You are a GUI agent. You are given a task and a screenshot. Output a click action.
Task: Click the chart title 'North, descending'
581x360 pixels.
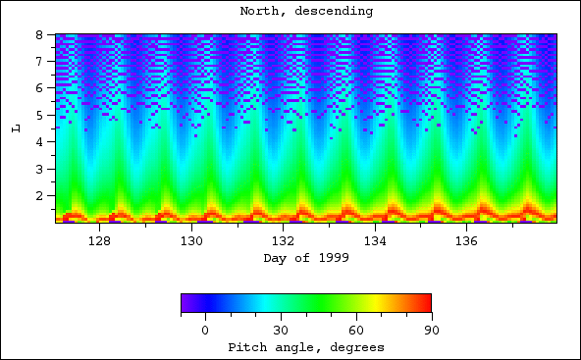(x=305, y=11)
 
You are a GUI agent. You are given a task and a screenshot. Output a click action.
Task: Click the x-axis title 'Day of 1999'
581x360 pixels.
(x=305, y=258)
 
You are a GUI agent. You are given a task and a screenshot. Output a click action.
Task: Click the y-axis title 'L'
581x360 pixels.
(x=15, y=129)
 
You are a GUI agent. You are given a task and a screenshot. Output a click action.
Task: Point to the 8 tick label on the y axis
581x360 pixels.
(x=43, y=34)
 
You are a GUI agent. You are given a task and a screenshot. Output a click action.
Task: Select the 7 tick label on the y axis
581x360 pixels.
(x=43, y=61)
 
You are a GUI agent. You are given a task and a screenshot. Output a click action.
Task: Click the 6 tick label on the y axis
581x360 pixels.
(x=43, y=88)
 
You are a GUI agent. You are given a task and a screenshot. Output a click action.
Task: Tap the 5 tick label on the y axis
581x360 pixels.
(x=43, y=115)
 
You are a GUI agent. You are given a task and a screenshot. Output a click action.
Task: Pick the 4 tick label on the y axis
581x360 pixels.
(x=43, y=142)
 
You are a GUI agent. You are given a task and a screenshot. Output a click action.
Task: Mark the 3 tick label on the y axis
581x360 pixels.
(x=43, y=169)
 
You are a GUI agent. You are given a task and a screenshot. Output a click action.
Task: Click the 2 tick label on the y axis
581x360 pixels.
(x=43, y=196)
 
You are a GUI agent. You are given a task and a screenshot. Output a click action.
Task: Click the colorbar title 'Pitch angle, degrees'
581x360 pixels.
(x=305, y=347)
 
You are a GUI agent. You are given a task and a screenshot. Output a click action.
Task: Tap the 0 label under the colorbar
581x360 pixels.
(x=205, y=331)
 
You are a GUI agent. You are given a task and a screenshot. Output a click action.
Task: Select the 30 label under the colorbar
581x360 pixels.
(x=281, y=331)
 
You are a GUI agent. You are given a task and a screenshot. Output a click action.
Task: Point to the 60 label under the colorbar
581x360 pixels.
(x=356, y=331)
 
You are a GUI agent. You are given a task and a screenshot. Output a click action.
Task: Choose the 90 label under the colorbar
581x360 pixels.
(x=431, y=331)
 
